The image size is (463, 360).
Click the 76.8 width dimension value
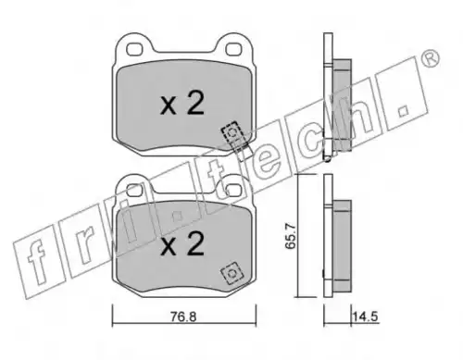(183, 317)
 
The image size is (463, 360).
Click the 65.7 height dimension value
(291, 236)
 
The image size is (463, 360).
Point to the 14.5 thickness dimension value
(366, 317)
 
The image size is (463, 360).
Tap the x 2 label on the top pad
(182, 103)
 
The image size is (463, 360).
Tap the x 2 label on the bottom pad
(182, 243)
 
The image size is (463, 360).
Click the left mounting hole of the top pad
(134, 49)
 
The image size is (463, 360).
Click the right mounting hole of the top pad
(233, 49)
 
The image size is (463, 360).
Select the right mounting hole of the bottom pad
(233, 188)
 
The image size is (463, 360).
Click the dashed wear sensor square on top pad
(233, 133)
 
